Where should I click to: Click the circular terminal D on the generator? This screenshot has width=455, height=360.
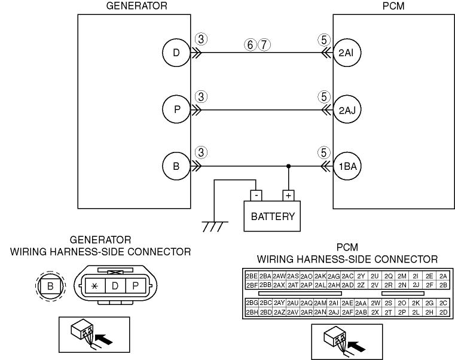(x=176, y=53)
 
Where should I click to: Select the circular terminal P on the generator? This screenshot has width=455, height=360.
(x=176, y=109)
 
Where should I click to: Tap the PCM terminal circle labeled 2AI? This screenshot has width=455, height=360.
(x=347, y=53)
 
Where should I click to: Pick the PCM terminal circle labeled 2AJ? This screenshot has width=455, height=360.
(x=347, y=109)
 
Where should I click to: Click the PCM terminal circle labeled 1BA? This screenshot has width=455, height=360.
(x=347, y=166)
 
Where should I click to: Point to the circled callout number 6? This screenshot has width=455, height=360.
(x=250, y=44)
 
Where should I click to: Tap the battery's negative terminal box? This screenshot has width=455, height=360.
(x=256, y=194)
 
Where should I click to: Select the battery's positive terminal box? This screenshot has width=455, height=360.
(x=289, y=194)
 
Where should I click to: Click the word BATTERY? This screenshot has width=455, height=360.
(x=272, y=216)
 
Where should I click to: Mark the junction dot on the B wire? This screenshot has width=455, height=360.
(x=289, y=166)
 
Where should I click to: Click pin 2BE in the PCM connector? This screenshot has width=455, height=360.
(x=252, y=276)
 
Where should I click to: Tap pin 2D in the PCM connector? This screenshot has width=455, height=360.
(x=443, y=312)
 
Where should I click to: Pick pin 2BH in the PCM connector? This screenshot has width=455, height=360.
(x=252, y=312)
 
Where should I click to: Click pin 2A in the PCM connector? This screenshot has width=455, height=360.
(x=443, y=276)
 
